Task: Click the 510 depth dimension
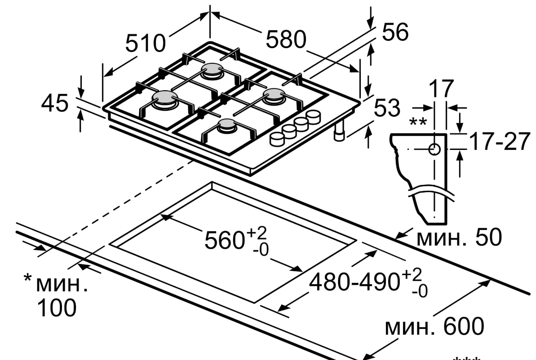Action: [x=145, y=44]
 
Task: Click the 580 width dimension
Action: [x=286, y=39]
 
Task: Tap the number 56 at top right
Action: [x=395, y=32]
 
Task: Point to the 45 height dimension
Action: [x=55, y=103]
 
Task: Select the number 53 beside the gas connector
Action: [x=387, y=108]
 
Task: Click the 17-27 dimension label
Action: [x=500, y=141]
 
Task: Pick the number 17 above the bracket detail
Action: [x=441, y=89]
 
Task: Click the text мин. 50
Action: [x=459, y=237]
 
